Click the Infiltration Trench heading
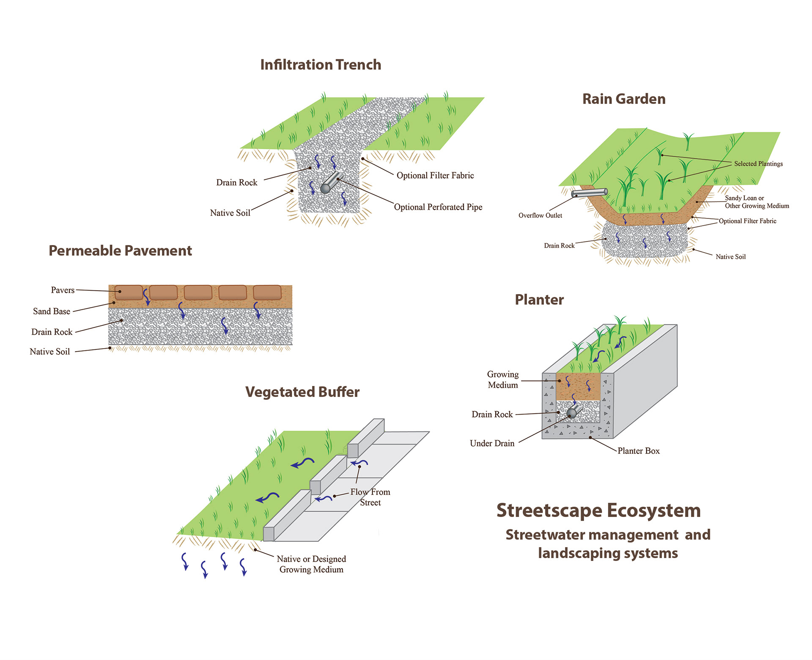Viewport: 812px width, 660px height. pos(321,65)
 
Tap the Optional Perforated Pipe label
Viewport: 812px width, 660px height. pos(438,207)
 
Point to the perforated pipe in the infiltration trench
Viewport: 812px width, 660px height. pos(330,183)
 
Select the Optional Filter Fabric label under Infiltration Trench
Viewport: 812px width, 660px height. pos(435,175)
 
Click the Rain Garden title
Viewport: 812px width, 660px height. pos(624,99)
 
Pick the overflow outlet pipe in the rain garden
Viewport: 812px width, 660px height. pos(589,193)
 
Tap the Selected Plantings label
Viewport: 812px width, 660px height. pos(758,164)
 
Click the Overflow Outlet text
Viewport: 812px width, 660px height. pos(540,215)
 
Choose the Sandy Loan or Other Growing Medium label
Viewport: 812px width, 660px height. pos(757,202)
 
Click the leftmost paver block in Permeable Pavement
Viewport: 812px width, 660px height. pos(129,292)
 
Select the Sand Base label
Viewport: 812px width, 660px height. pos(52,311)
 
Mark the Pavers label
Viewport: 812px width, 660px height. pos(63,290)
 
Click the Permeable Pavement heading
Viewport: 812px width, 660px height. pos(120,251)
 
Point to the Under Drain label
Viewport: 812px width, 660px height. pos(492,443)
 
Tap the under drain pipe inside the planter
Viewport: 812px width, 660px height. pos(573,412)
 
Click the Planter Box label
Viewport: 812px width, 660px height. pos(638,451)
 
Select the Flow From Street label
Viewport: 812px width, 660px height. pos(370,497)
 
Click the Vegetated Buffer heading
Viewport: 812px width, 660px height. pos(302,392)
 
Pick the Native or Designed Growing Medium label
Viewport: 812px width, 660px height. pos(311,564)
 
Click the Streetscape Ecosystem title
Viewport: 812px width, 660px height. pos(598,510)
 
